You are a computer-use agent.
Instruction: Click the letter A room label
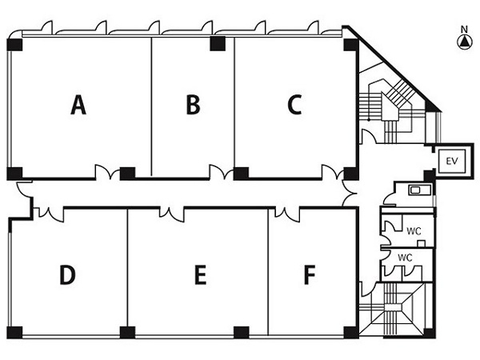coord(78,105)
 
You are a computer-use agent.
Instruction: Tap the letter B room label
coord(193,105)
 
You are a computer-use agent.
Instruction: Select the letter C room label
coord(294,105)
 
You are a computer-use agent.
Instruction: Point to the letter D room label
coord(67,274)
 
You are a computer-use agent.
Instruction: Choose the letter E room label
coord(201,274)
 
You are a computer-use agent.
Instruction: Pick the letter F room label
coord(310,274)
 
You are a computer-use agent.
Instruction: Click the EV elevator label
coord(452,161)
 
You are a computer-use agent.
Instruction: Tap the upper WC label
coord(414,231)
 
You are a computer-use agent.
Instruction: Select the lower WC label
coord(405,258)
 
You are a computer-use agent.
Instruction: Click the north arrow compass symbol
coord(465,42)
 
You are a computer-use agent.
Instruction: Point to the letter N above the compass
coord(465,30)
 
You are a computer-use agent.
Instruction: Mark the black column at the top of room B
coord(218,44)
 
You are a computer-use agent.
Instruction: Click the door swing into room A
coord(107,172)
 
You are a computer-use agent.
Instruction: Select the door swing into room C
coord(333,172)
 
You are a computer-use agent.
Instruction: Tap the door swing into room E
coord(172,214)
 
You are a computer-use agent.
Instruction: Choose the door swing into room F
coord(287,214)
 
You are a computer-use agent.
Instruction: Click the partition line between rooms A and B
coord(151,106)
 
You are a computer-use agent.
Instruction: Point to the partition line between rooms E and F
coord(268,272)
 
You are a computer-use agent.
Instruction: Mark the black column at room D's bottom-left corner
coord(14,333)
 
